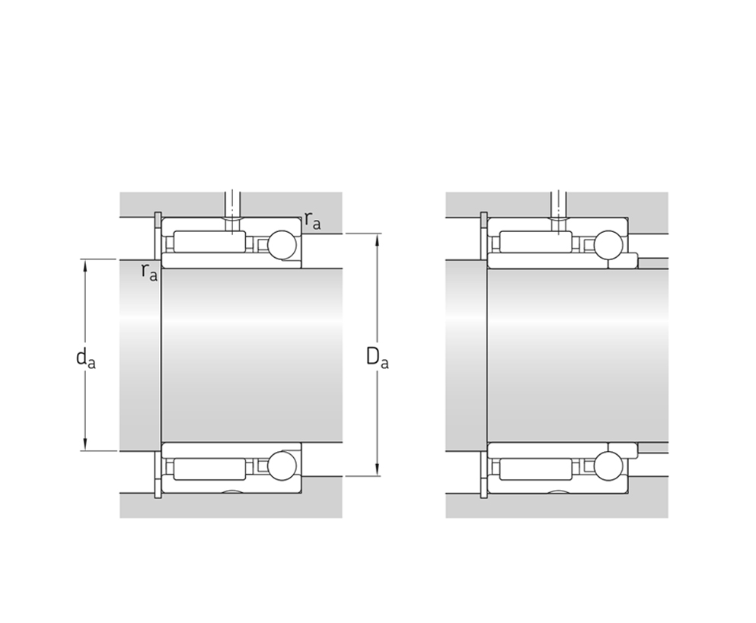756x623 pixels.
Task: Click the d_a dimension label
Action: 86,359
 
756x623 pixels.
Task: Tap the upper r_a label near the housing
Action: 312,221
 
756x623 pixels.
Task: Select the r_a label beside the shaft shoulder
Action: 149,272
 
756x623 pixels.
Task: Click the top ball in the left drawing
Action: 282,245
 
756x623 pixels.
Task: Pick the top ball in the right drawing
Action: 608,245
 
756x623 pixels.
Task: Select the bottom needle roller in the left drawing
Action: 209,469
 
